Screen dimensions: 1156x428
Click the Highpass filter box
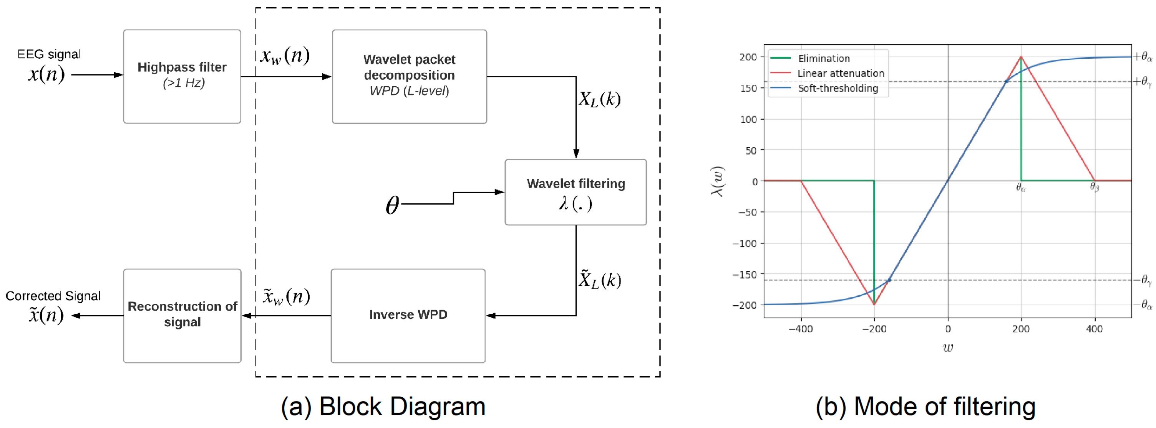(x=182, y=77)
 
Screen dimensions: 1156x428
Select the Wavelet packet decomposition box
(x=409, y=77)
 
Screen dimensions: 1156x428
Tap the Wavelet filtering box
(x=576, y=192)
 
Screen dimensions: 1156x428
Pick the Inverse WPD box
(x=408, y=316)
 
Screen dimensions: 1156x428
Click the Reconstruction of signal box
(x=182, y=316)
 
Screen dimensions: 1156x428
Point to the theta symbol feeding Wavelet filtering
(x=392, y=205)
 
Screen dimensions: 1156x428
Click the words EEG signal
(x=49, y=54)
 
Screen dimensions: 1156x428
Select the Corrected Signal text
(x=53, y=296)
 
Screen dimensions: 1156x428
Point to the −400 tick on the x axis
(x=801, y=329)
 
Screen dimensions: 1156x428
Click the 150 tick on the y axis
(x=748, y=88)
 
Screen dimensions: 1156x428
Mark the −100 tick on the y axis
(x=745, y=244)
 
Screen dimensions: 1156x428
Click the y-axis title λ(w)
(x=717, y=181)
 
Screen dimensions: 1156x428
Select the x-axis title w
(x=948, y=348)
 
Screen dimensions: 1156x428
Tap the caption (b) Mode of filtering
(x=925, y=407)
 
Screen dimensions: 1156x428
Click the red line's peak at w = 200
(x=1021, y=57)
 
